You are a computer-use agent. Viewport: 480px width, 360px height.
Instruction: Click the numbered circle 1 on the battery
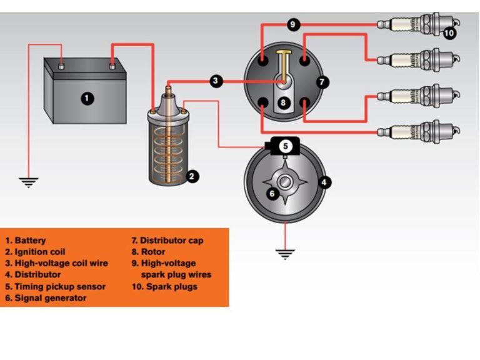pos(87,98)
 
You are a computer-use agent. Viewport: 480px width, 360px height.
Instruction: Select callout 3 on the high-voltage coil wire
pos(216,81)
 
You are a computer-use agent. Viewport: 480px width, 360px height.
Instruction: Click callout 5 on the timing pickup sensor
pos(285,146)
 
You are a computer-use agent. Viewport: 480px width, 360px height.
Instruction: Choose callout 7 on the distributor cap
pos(322,82)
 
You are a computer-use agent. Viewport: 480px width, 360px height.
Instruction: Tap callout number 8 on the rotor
pos(285,102)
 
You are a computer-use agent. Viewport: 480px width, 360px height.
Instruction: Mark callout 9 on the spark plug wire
pos(294,25)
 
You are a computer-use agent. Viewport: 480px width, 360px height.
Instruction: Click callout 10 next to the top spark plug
pos(449,34)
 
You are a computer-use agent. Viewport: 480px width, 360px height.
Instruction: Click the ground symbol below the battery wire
pos(28,182)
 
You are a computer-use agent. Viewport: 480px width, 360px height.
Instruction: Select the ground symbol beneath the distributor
pos(286,254)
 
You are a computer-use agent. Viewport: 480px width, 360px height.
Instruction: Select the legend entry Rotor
pos(153,252)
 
